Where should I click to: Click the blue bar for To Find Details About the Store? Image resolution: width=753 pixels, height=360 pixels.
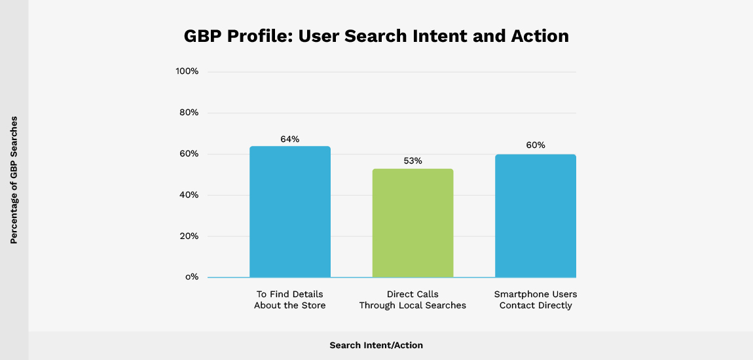pos(290,212)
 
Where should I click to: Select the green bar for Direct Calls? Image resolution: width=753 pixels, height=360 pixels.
pos(413,223)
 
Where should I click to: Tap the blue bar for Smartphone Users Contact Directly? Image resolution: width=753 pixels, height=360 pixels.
pos(535,216)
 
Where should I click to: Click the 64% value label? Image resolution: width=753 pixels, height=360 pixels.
pos(290,139)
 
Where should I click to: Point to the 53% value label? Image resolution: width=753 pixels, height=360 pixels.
pos(413,161)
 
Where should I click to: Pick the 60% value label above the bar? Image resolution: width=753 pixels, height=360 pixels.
pos(535,145)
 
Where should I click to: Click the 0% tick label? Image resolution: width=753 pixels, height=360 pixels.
pos(191,277)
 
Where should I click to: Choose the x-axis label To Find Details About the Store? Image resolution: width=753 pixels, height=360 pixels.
pos(289,300)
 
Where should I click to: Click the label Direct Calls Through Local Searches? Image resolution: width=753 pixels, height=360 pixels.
pos(413,300)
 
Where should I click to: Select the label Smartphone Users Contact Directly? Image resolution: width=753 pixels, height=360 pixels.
pos(536,300)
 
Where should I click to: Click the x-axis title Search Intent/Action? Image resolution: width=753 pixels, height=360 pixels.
pos(376,345)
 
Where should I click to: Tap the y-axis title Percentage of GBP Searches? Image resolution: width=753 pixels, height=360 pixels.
pos(14,180)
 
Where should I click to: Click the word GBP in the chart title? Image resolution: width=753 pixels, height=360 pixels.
pos(204,36)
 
